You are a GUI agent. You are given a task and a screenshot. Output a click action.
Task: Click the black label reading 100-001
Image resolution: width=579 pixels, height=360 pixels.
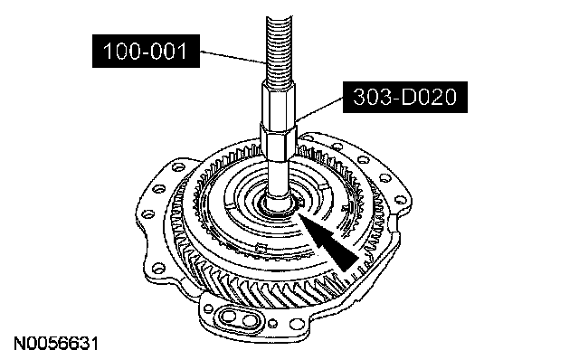pos(146,51)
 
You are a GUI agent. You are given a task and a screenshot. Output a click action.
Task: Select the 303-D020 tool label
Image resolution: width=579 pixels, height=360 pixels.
pos(405,97)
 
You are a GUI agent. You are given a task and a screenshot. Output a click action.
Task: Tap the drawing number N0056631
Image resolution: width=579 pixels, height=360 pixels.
pos(56,344)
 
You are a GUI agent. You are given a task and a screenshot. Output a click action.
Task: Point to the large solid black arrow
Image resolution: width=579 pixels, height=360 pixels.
pos(327,242)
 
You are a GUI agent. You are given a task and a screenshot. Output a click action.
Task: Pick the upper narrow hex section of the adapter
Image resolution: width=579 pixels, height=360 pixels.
pos(279,105)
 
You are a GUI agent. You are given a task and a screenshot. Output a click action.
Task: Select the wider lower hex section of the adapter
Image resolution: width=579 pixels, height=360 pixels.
pos(279,142)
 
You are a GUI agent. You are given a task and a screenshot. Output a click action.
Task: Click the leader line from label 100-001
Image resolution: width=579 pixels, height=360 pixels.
pos(233,57)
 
